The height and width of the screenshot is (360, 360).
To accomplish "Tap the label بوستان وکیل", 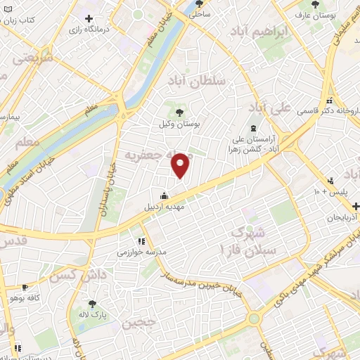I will coord(179,123).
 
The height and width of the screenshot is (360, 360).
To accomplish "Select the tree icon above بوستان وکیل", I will coord(179,110).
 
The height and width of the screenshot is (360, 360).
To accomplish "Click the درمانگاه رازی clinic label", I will coord(91,31).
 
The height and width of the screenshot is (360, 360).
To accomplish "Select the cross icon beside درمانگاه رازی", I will coord(89,18).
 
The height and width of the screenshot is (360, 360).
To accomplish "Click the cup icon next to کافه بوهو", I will coord(25,287).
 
